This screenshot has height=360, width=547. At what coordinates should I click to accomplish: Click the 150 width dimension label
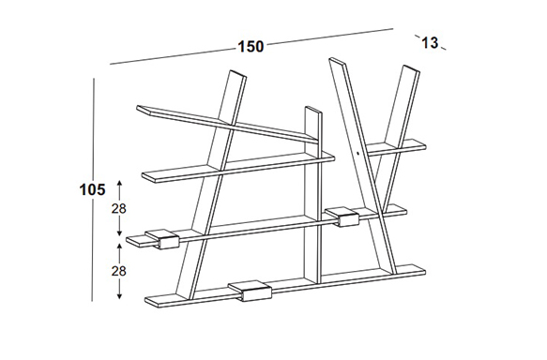click(x=251, y=47)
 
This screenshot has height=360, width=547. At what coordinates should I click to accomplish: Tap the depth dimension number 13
click(x=430, y=43)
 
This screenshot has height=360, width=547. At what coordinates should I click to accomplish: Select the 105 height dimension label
click(x=93, y=190)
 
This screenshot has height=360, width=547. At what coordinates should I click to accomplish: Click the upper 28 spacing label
click(x=118, y=209)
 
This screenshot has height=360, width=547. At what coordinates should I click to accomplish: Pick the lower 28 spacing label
click(x=118, y=271)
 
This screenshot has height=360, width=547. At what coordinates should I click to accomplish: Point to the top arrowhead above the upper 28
click(x=119, y=183)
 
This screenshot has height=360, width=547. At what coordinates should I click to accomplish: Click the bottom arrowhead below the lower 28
click(x=119, y=296)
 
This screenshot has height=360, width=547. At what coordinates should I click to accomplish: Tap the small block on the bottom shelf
click(x=251, y=291)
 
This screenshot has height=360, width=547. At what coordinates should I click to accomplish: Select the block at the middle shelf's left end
click(x=162, y=239)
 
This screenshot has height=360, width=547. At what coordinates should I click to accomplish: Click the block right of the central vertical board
click(x=342, y=217)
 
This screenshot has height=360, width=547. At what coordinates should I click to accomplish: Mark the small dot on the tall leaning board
click(x=358, y=153)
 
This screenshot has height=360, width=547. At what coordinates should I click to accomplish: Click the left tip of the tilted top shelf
click(x=137, y=107)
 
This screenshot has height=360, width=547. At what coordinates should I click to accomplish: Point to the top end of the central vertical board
click(x=313, y=110)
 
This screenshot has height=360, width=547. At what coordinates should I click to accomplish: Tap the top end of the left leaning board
click(x=238, y=73)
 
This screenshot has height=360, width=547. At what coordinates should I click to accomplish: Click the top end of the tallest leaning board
click(x=338, y=61)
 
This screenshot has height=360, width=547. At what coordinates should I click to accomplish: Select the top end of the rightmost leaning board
click(x=412, y=68)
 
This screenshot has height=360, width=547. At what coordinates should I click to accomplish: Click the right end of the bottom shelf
click(x=424, y=271)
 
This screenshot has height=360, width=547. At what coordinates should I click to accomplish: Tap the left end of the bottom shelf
click(x=146, y=300)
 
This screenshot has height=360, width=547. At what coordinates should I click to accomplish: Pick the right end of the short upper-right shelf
click(x=425, y=146)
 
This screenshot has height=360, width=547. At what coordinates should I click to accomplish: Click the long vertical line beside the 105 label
click(x=93, y=189)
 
